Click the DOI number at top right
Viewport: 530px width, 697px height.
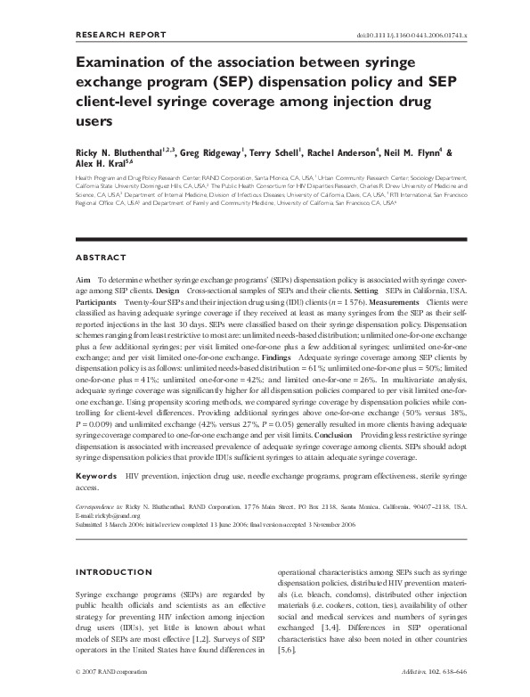pyautogui.click(x=430, y=36)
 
